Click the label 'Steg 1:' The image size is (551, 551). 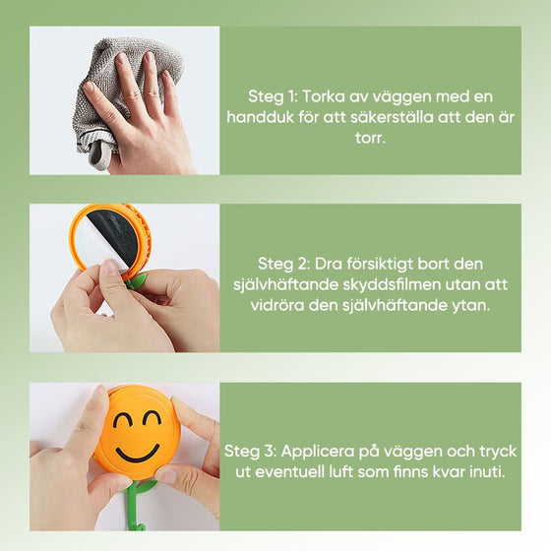[272, 97]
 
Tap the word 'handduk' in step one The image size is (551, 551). [282, 118]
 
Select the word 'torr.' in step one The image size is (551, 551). [370, 139]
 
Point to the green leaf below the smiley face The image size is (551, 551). [146, 486]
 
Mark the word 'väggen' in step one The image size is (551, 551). [395, 97]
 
